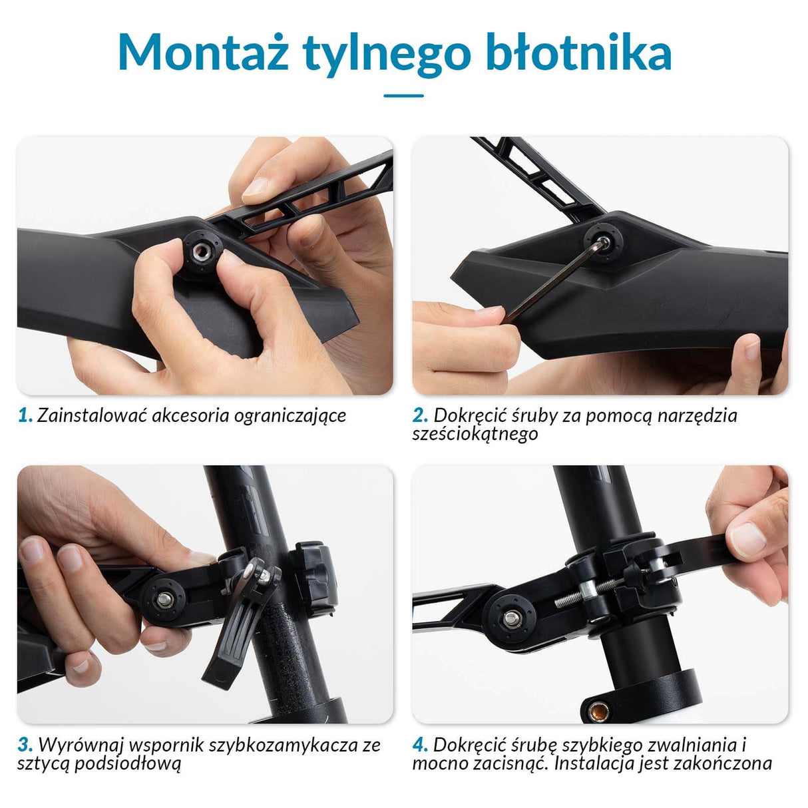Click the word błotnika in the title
579,53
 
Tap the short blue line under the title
403,96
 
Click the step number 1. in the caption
25,416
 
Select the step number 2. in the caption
420,416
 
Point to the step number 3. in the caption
25,745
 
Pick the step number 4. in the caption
420,745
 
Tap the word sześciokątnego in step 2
475,435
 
